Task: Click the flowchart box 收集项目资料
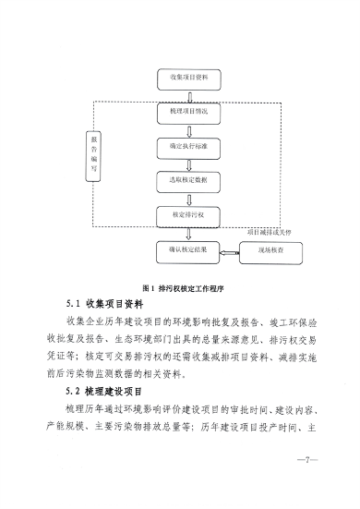[188, 77]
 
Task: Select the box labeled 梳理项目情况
[188, 112]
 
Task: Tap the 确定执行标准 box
[188, 146]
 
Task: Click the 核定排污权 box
[188, 215]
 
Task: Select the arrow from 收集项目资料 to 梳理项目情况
[188, 94]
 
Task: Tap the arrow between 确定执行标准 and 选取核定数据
[188, 164]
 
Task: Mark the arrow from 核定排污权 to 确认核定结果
[188, 233]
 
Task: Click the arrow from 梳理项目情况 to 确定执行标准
[188, 129]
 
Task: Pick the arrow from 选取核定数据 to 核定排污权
[188, 199]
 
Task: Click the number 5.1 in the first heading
[75, 304]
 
